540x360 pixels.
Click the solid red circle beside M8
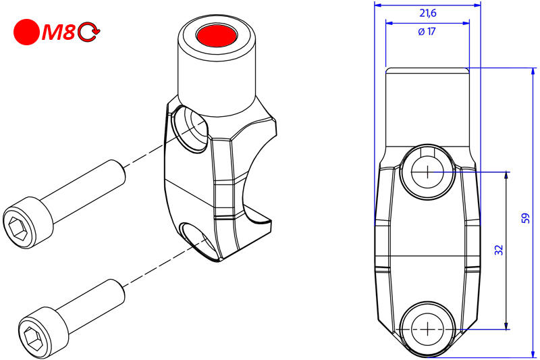[27, 32]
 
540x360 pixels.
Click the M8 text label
[59, 32]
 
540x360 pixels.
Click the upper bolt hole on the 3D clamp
[191, 128]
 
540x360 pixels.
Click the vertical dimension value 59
[526, 218]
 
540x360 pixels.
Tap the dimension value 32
[499, 250]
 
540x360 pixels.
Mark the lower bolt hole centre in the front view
[427, 330]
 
